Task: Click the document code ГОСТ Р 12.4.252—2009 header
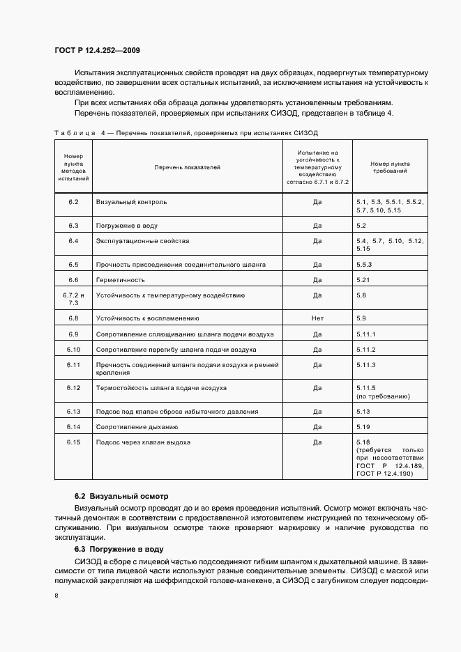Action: click(x=98, y=51)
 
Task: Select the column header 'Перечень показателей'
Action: click(x=187, y=167)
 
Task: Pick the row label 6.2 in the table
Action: click(x=73, y=202)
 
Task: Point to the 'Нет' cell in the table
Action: click(x=317, y=318)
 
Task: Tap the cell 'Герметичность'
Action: click(x=120, y=280)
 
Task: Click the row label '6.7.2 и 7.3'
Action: click(x=73, y=299)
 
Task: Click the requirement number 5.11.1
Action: click(x=366, y=334)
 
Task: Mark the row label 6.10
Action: click(x=73, y=349)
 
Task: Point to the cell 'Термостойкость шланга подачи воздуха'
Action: click(x=160, y=387)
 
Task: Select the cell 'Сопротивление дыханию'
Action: click(x=137, y=426)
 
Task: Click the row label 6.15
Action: click(x=73, y=442)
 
